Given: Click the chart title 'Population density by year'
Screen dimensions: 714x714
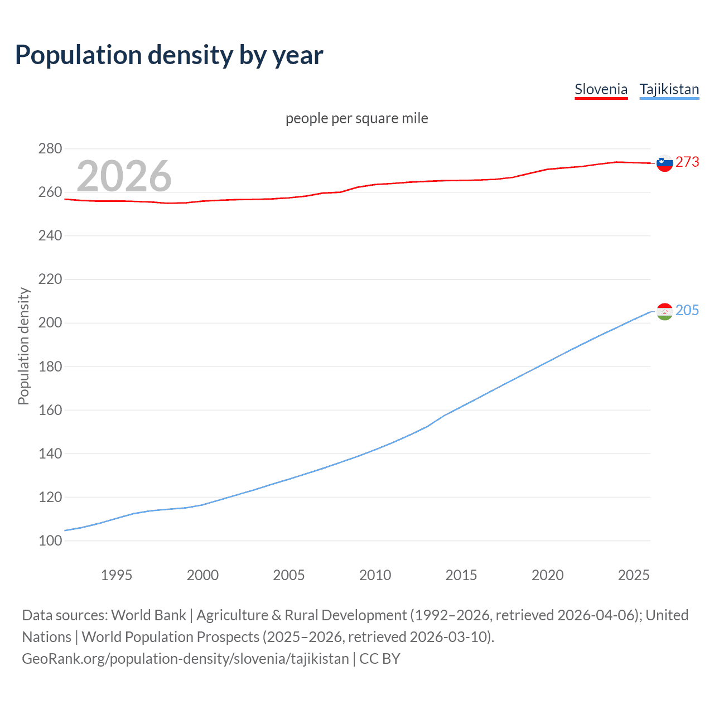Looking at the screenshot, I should point(169,55).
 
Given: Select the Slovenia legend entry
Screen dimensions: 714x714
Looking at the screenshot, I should point(601,89).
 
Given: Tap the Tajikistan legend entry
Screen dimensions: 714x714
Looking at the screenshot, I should point(669,89).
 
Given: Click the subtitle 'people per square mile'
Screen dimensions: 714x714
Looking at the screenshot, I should point(357,118).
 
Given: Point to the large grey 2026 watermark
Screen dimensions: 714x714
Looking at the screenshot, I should point(124,176).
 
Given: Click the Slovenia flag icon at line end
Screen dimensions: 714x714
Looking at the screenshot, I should point(664,163).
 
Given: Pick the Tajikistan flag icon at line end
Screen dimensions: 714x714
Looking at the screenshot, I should point(664,311).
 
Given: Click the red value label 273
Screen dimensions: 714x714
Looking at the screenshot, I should point(687,162).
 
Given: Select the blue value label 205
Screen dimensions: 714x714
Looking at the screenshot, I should point(687,310).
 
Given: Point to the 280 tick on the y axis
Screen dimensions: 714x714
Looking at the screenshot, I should point(50,149).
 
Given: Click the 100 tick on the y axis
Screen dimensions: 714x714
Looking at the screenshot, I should point(50,541).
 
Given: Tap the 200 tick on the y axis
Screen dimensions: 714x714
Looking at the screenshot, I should point(50,323).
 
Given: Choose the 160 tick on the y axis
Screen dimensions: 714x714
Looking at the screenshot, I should point(50,410).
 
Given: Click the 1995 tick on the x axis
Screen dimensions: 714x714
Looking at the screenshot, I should point(117,575).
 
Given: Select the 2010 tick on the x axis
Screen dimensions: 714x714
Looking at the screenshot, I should point(375,575).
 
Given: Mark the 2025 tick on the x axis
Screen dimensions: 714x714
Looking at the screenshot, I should point(634,575).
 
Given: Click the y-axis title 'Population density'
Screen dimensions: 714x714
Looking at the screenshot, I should point(23,346).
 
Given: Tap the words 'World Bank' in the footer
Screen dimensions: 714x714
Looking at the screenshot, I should point(148,615).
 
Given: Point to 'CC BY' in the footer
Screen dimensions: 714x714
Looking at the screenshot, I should point(380,659).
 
